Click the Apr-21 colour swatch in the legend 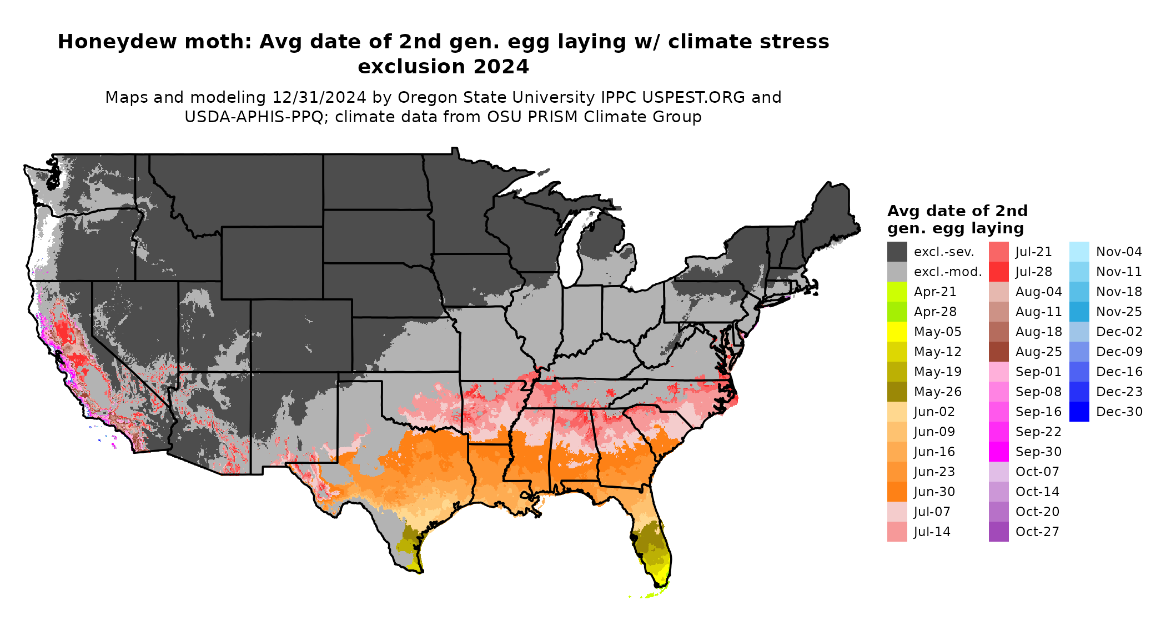tap(897, 292)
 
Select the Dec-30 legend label tap(1119, 412)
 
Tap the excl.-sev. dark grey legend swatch tap(897, 252)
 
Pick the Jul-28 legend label tap(1033, 272)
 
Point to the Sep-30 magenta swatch tap(998, 452)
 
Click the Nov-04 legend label tap(1119, 252)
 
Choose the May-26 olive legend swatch tap(897, 392)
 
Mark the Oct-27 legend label tap(1037, 532)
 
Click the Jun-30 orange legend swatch tap(897, 492)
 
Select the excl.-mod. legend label tap(948, 272)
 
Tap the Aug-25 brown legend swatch tap(998, 352)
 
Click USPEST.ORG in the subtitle tap(693, 97)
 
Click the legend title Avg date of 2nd tap(957, 211)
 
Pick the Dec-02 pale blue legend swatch tap(1079, 332)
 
